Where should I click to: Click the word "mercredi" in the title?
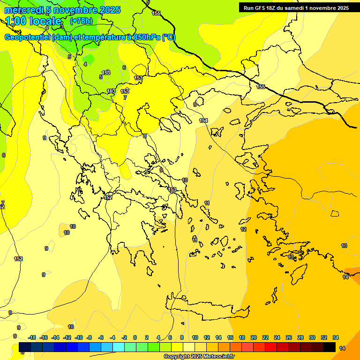22,10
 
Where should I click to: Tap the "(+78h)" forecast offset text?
81,21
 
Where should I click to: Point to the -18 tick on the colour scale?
31,337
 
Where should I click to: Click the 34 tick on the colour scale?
336,337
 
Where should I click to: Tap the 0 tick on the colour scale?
135,337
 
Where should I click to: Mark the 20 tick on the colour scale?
254,337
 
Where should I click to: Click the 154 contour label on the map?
203,120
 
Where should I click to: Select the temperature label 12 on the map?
243,229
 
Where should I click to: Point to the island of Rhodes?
298,274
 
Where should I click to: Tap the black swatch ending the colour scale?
330,347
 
